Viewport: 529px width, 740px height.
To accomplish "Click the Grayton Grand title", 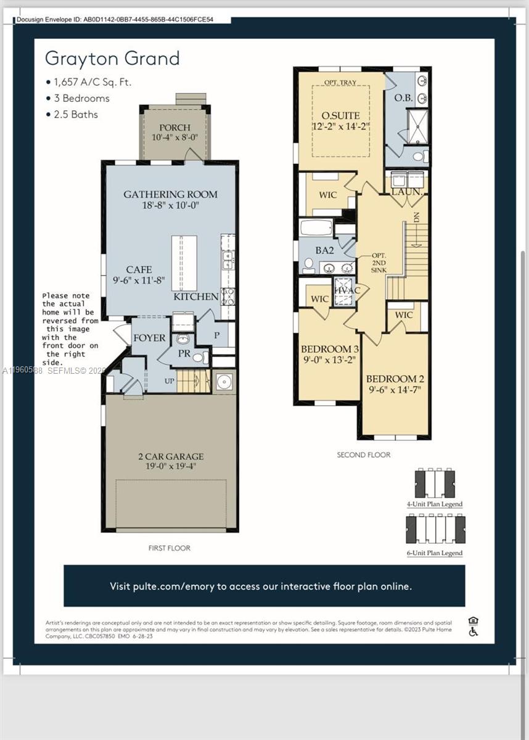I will (112, 59).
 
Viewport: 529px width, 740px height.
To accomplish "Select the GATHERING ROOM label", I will (170, 194).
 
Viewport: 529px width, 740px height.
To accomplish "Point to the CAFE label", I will (139, 269).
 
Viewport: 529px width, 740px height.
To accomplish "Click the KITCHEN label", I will (195, 297).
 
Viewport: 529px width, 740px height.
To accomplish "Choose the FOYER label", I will (149, 338).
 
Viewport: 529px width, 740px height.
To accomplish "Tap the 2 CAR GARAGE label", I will (170, 457).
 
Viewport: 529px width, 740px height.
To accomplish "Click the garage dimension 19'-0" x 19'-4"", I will (170, 467).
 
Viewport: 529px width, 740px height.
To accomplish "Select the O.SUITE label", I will (340, 115).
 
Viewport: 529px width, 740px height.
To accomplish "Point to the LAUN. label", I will (406, 192).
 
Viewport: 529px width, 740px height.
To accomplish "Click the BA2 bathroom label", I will (324, 250).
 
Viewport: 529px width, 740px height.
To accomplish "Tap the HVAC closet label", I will (347, 290).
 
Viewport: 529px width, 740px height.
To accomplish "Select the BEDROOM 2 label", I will (395, 379).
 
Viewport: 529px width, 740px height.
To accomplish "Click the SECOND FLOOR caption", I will (363, 455).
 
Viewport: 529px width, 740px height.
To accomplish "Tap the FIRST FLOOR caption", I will (170, 548).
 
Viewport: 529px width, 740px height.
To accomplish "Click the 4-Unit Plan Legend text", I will (434, 504).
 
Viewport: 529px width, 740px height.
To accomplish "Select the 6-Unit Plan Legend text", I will (434, 553).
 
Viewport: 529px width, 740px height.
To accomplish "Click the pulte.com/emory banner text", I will (261, 586).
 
